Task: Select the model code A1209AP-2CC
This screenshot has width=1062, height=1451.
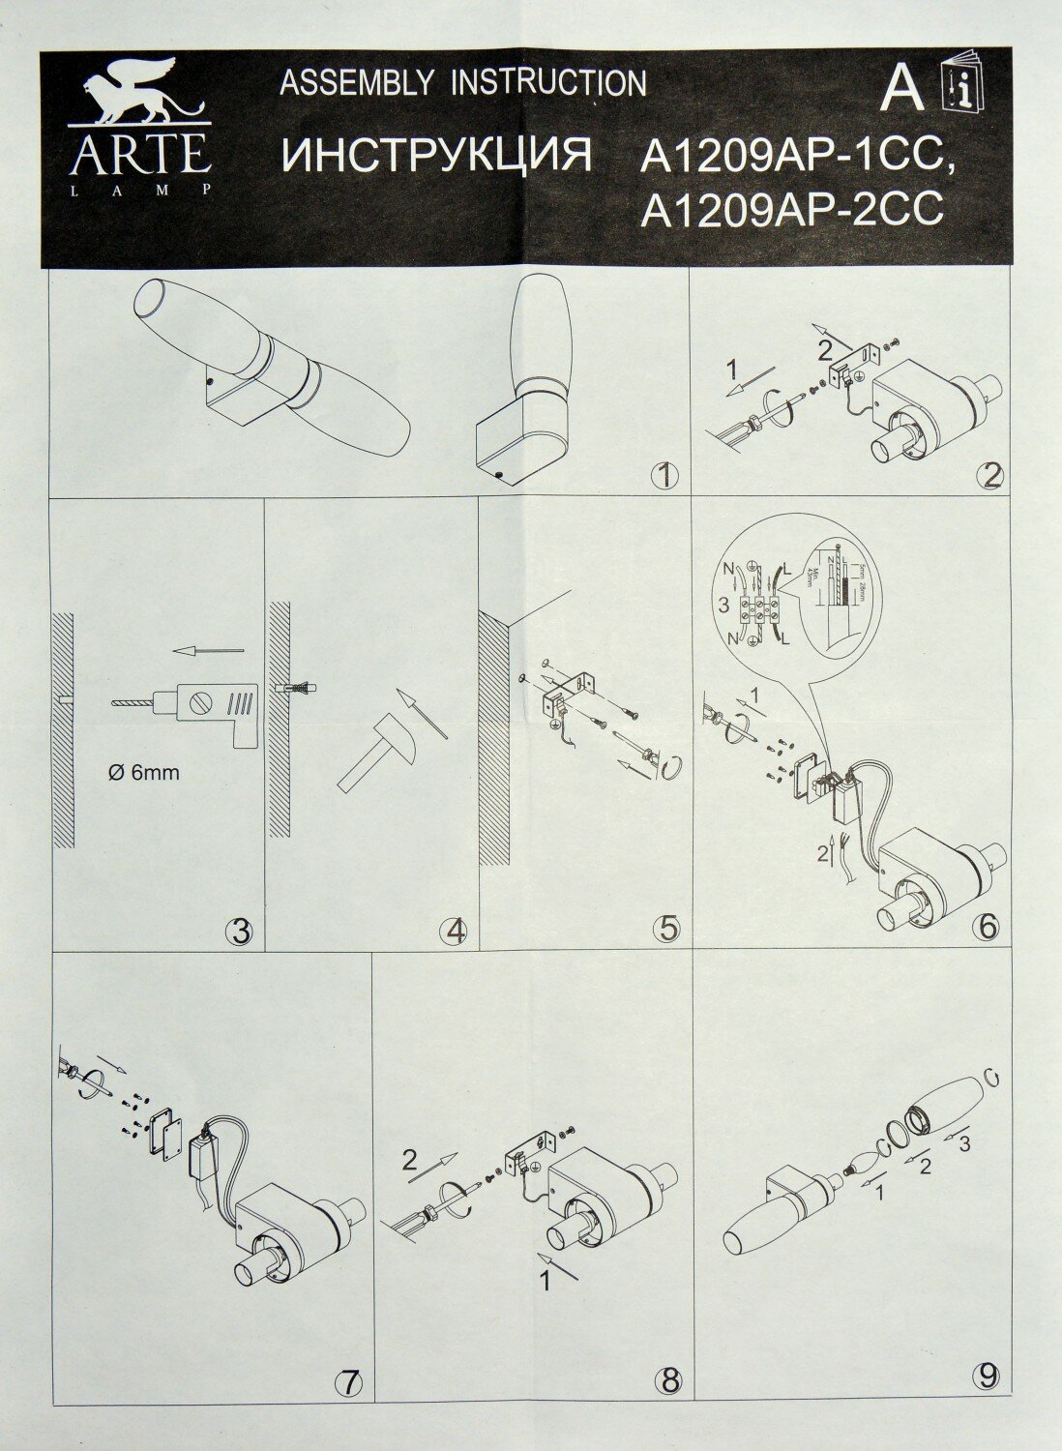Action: click(x=790, y=210)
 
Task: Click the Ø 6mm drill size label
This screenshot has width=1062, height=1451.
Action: click(x=143, y=773)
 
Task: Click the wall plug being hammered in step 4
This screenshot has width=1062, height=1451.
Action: click(x=295, y=687)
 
